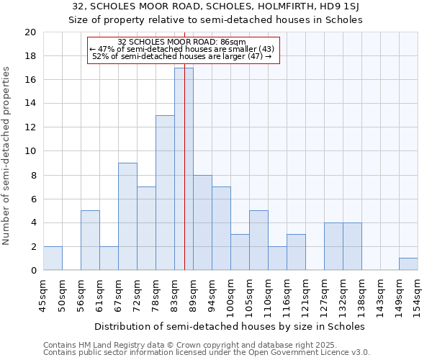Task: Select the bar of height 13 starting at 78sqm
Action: click(x=165, y=193)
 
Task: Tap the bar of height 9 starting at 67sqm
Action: click(x=127, y=216)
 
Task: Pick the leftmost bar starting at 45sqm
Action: click(x=53, y=258)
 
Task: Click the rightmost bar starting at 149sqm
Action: click(x=408, y=264)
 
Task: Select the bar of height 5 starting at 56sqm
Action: click(x=90, y=240)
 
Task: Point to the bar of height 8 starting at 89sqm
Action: click(x=202, y=222)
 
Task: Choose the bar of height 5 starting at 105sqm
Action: click(x=258, y=240)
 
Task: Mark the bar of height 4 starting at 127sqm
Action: click(x=333, y=246)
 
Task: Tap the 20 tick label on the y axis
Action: click(x=30, y=32)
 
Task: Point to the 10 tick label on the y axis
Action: click(x=30, y=151)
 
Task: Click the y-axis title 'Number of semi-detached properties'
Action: click(x=7, y=156)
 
